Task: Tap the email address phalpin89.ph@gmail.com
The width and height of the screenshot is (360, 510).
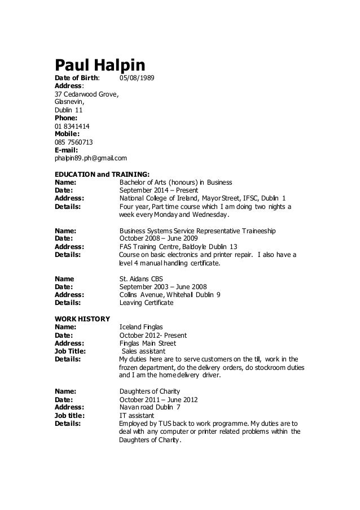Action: coord(90,159)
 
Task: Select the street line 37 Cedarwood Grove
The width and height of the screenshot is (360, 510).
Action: coord(86,94)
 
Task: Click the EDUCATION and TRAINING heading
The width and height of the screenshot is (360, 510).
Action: coord(102,175)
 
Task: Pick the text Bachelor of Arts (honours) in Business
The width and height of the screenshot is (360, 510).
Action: coord(176,182)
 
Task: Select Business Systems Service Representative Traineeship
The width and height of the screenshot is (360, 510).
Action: coord(197,232)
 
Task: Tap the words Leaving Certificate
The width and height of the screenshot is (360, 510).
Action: coord(147,303)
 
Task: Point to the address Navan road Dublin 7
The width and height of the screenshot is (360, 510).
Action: coord(151,407)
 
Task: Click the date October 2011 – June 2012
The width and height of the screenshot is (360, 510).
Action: coord(159,399)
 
